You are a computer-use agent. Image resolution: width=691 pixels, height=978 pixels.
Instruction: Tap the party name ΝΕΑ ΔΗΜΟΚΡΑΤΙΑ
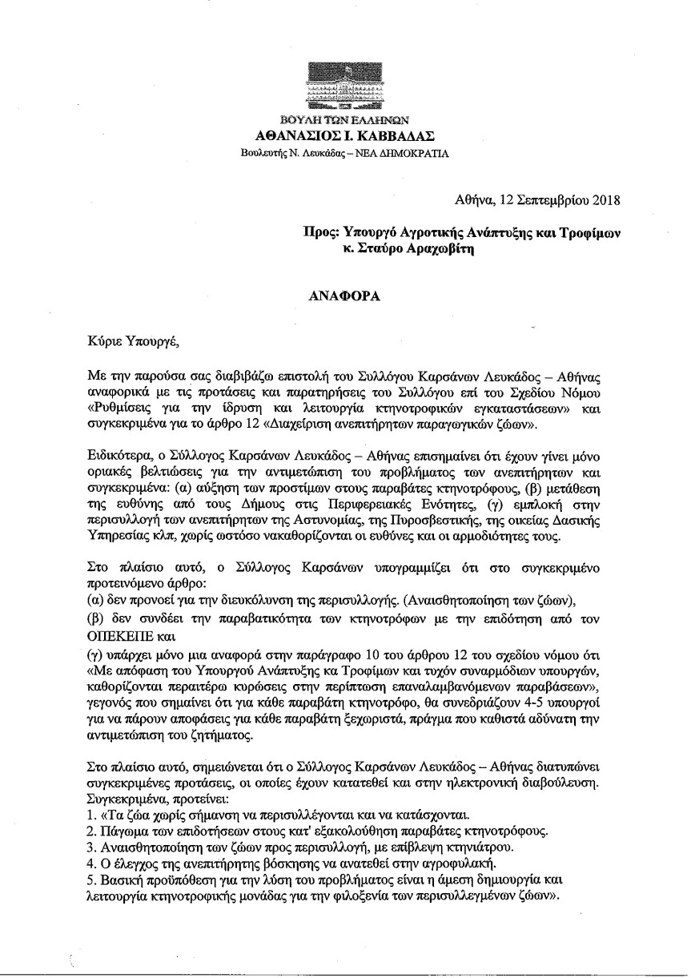pyautogui.click(x=396, y=151)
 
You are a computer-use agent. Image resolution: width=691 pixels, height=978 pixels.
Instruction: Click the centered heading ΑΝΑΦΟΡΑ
pyautogui.click(x=343, y=294)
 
